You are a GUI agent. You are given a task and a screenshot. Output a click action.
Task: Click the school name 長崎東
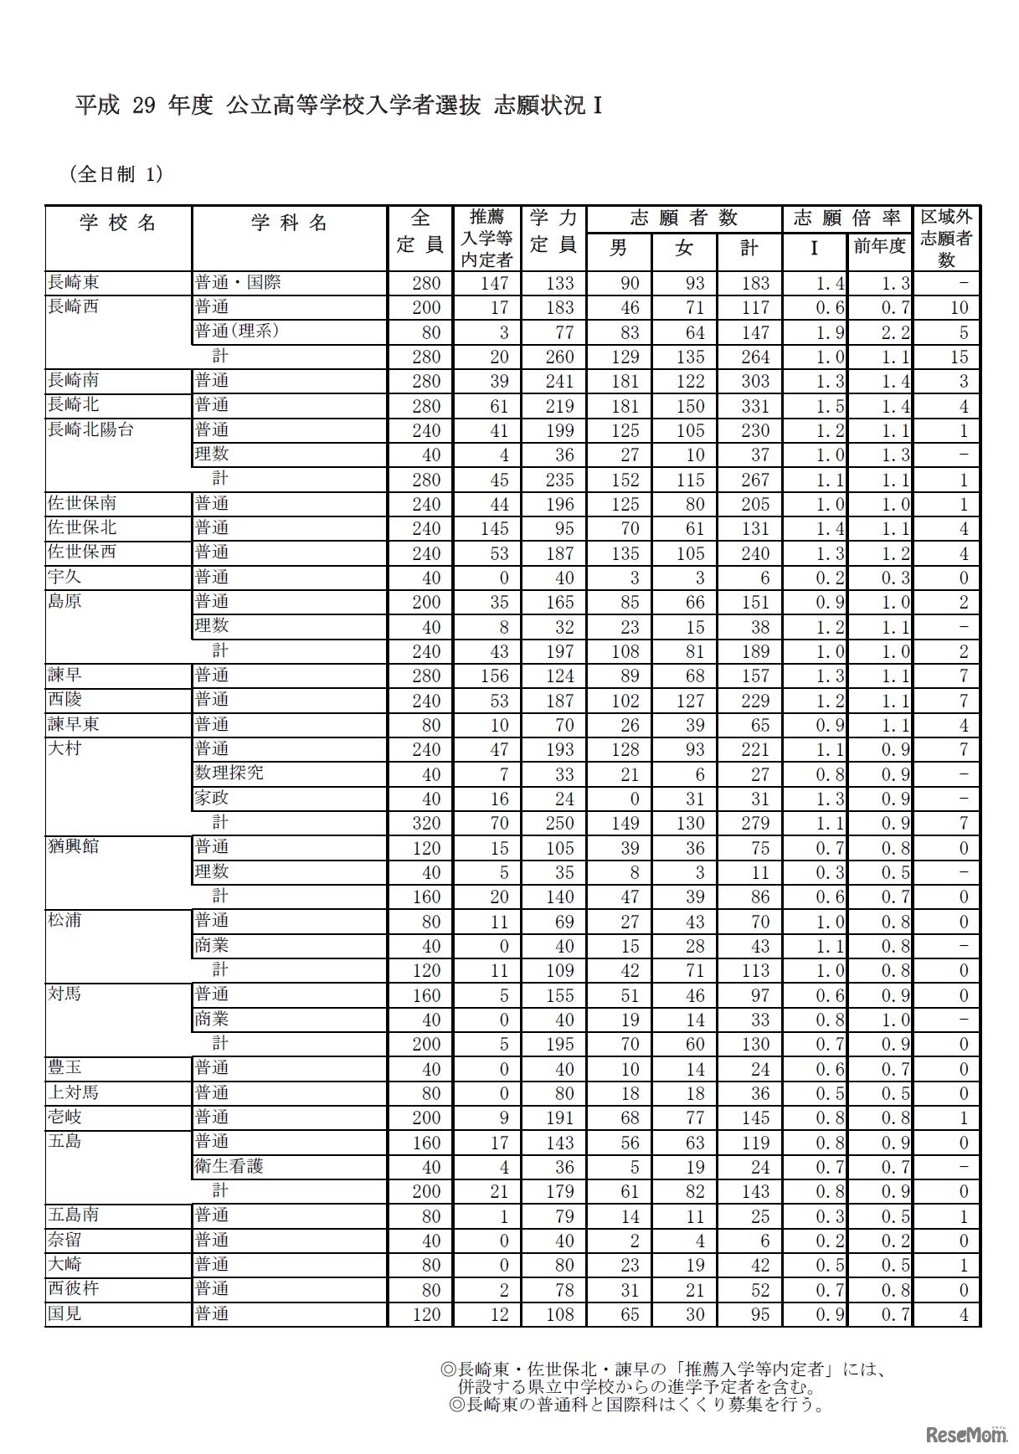pos(74,282)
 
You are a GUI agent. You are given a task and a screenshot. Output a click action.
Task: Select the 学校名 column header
pos(118,223)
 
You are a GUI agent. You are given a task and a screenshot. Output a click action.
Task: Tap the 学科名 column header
pos(289,223)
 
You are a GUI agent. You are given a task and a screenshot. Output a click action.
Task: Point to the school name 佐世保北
pos(82,527)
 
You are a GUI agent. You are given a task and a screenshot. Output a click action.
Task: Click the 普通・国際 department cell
pos(238,282)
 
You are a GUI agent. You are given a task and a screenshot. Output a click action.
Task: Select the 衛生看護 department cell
pos(229,1166)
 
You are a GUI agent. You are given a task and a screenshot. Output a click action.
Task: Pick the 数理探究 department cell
pos(229,773)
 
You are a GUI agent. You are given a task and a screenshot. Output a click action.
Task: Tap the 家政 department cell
pos(212,798)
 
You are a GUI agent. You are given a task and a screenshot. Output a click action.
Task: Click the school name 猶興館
pos(74,846)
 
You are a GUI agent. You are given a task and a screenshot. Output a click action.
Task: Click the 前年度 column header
pos(879,247)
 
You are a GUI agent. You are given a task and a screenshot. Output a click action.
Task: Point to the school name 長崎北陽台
pos(90,429)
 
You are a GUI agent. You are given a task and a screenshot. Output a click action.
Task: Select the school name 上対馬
pos(74,1092)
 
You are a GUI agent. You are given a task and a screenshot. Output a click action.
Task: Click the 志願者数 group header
pos(683,218)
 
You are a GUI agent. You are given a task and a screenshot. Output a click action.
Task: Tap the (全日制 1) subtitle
pos(116,174)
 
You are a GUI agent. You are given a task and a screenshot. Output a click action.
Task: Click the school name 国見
pos(64,1313)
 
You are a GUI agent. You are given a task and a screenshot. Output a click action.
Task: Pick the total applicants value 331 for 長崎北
pos(755,406)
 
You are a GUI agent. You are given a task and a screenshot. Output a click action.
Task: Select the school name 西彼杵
pos(74,1289)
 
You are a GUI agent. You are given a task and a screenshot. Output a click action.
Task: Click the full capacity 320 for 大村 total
pos(426,823)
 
